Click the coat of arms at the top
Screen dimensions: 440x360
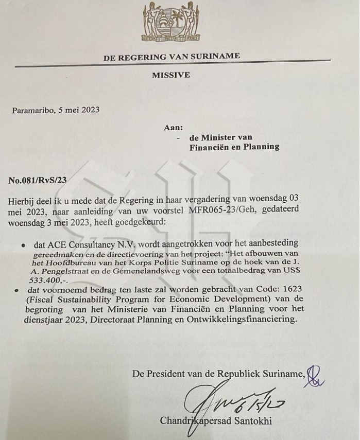[170, 23]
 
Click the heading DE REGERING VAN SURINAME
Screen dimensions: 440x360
[172, 57]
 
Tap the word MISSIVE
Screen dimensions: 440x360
[171, 75]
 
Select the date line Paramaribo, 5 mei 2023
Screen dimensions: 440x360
[56, 110]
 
